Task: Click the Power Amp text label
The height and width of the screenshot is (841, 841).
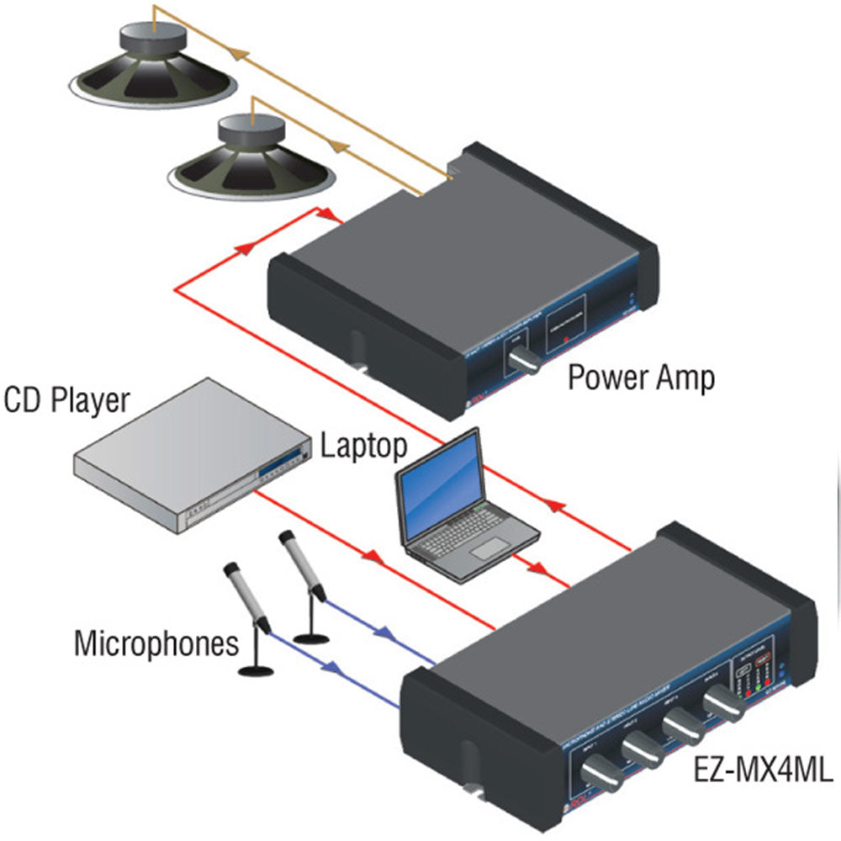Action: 641,378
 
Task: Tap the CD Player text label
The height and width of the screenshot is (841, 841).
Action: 67,400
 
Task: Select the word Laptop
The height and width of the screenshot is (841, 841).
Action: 364,445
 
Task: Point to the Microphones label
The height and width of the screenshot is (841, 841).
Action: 156,644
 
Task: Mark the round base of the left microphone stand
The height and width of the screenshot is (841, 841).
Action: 257,669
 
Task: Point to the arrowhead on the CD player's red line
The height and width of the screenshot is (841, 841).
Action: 371,556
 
